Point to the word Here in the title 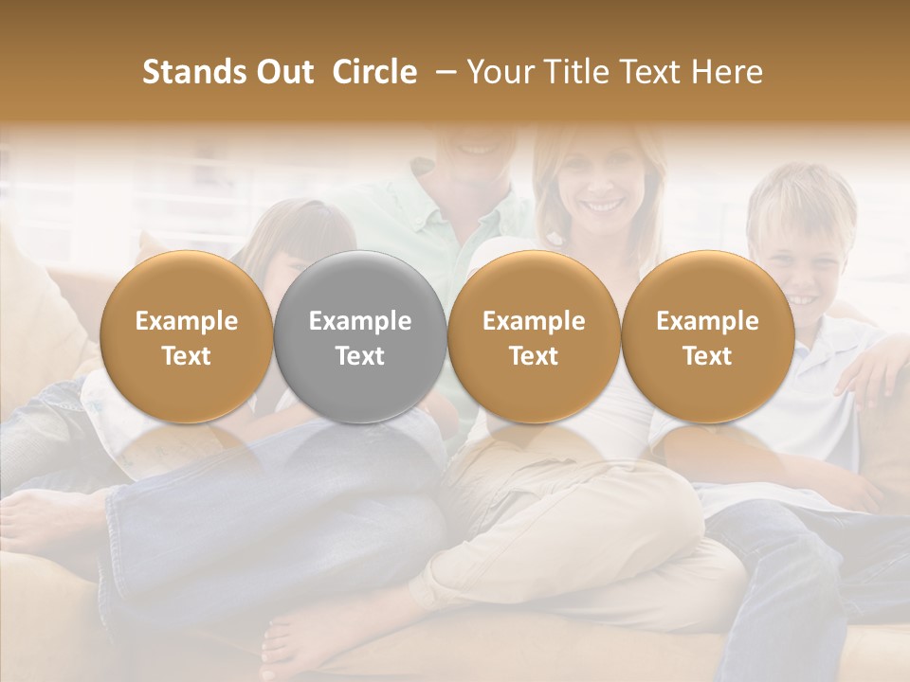[727, 72]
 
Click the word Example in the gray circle [360, 321]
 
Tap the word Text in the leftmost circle [186, 356]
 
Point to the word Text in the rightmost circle [707, 356]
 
